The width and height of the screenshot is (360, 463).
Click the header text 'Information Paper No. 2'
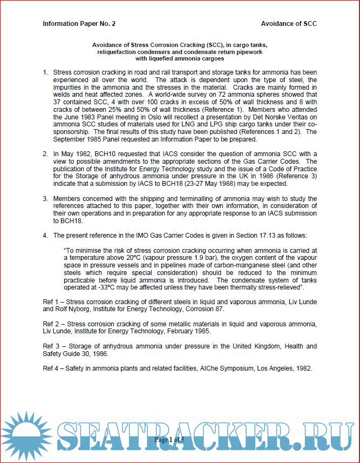tap(79, 24)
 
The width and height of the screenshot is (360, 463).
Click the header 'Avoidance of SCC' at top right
tap(289, 24)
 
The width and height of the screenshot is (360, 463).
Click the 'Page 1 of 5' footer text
tap(169, 440)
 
